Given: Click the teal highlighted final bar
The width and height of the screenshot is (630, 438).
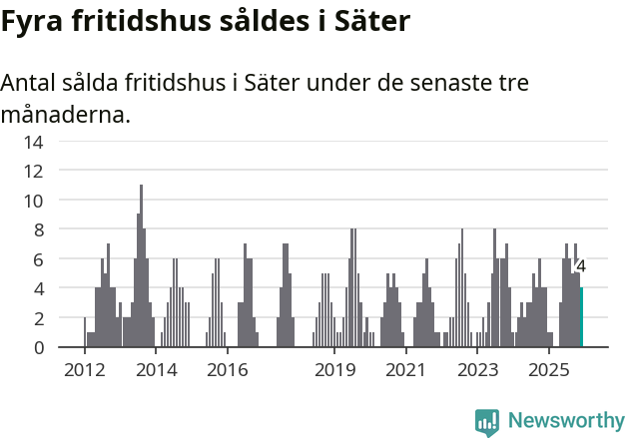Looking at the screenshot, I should [x=582, y=317].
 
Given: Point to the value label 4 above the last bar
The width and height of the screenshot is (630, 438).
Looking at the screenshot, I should [x=581, y=267].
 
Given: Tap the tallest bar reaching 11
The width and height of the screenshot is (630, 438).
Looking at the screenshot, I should [x=141, y=265].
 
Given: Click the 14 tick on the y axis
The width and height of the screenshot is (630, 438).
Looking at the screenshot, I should [x=34, y=142].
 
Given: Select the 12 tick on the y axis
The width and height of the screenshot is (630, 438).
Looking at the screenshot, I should [x=34, y=171].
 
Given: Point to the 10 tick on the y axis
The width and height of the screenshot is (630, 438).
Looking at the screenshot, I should [x=34, y=201].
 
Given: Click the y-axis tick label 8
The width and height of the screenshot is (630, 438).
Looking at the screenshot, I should [x=38, y=229].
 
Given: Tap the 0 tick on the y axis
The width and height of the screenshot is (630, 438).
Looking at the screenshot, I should [x=38, y=347].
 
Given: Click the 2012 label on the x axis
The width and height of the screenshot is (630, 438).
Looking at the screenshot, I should [x=85, y=370].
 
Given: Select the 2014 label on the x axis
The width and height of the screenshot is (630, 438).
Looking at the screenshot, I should [x=156, y=370].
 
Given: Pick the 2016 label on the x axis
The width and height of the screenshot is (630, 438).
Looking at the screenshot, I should [x=227, y=370].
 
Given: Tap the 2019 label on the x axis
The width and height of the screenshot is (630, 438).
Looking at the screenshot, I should [x=334, y=370].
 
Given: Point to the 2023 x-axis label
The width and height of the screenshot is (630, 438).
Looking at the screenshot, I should [x=477, y=370].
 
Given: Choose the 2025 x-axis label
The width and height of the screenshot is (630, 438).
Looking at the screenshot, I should [x=548, y=370].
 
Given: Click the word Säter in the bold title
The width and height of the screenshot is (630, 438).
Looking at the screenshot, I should [x=373, y=22].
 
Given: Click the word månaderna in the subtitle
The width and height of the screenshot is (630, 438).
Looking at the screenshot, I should [x=66, y=114].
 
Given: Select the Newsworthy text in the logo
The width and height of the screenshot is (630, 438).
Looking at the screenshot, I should [x=566, y=421].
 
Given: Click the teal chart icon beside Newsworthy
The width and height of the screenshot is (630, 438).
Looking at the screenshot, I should [x=487, y=421].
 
